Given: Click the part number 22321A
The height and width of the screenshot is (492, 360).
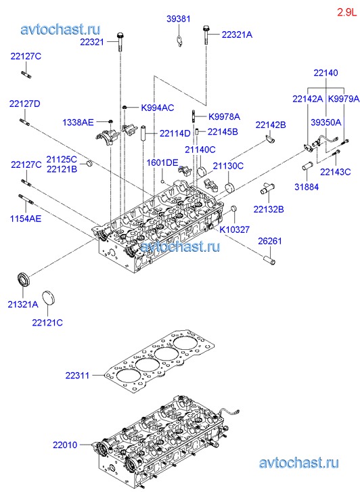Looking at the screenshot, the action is (237, 35).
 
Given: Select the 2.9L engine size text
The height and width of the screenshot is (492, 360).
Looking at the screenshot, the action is (347, 13).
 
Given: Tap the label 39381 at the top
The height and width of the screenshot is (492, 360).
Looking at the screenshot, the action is (178, 19).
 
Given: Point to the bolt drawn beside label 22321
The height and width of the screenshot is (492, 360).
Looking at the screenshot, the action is (120, 41).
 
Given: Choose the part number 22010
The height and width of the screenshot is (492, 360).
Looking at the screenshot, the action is (65, 445).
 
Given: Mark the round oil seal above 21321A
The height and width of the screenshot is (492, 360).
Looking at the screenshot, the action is (22, 279).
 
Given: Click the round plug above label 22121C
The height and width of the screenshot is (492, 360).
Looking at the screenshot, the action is (48, 298).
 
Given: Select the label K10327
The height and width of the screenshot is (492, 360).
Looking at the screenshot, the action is (234, 229).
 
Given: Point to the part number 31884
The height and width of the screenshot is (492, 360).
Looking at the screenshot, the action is (307, 187).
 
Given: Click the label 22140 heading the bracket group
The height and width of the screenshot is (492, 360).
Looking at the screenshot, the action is (325, 73).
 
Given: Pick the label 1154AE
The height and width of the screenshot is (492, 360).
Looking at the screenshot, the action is (26, 219).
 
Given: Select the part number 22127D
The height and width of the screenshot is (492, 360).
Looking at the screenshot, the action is (25, 104).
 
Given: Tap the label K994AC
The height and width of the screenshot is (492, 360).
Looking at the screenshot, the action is (158, 108).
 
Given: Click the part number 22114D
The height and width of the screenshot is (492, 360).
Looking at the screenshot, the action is (175, 133).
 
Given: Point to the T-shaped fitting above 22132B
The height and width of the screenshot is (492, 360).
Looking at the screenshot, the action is (267, 189).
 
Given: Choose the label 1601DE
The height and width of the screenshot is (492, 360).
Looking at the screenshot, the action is (162, 162).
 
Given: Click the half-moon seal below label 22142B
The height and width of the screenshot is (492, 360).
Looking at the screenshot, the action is (269, 138).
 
